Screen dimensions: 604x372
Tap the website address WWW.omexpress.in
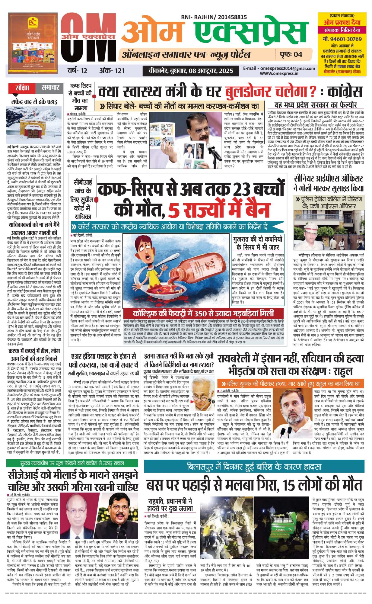[x=279, y=73]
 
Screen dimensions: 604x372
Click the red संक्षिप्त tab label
[x=23, y=88]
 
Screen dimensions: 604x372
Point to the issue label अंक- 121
[x=112, y=71]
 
